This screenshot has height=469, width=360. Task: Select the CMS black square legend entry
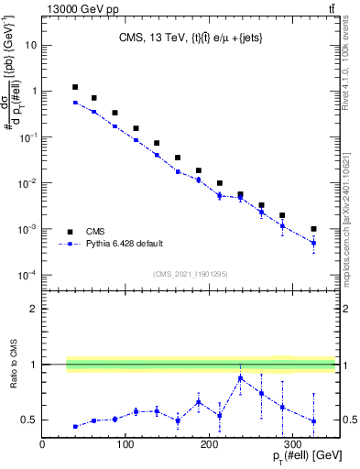[x=70, y=232]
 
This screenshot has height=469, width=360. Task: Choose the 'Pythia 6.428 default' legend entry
[x=70, y=244]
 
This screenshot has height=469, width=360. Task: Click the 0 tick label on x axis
[x=42, y=444]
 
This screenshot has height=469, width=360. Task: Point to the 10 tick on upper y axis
[x=29, y=44]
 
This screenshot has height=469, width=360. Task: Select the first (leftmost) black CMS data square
[x=75, y=87]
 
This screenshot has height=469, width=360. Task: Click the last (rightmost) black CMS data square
[x=313, y=229]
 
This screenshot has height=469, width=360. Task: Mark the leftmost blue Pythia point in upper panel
[x=75, y=103]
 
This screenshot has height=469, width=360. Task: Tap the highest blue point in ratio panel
[x=240, y=378]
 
